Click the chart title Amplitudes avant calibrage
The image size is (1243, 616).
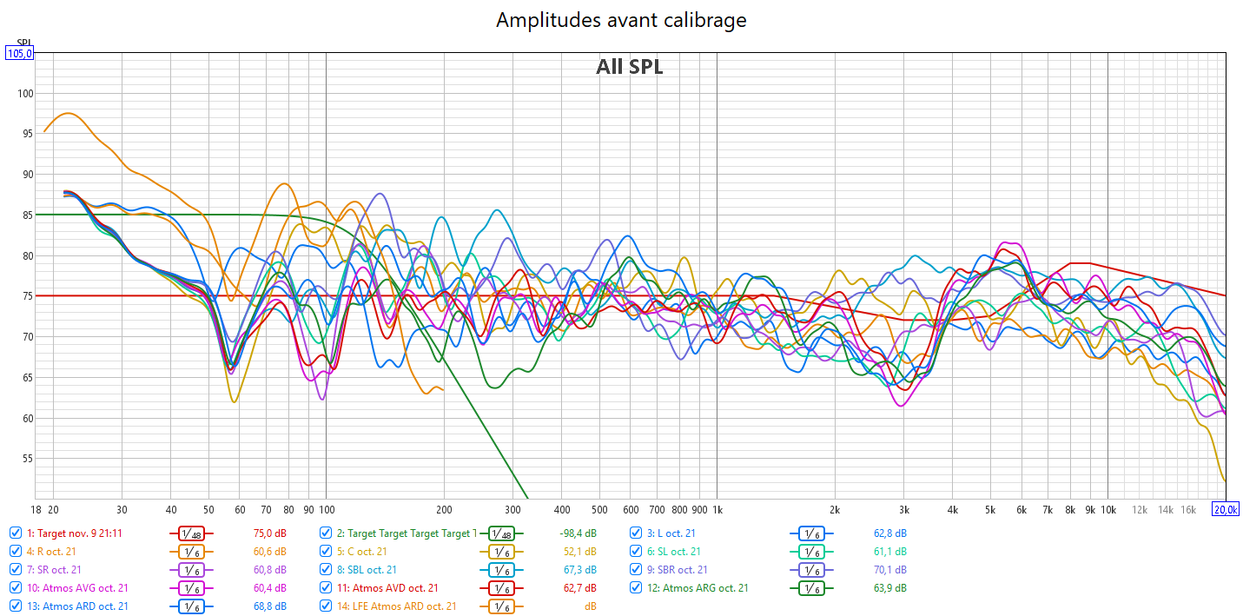coord(621,20)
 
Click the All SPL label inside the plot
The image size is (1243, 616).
coord(629,67)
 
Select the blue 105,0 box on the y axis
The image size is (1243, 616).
coord(19,54)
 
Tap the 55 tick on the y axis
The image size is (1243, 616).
coord(25,458)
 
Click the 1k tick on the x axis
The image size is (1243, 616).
coord(717,509)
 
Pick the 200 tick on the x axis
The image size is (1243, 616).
coord(444,509)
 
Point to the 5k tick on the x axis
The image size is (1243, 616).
coord(990,509)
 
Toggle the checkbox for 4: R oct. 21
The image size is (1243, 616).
coord(16,552)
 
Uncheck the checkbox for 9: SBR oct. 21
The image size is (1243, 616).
coord(637,570)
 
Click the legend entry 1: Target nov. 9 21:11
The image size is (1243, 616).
coord(74,533)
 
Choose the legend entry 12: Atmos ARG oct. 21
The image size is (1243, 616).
coord(704,588)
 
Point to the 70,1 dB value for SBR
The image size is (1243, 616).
coord(889,570)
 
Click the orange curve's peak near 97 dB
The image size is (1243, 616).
coord(68,113)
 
